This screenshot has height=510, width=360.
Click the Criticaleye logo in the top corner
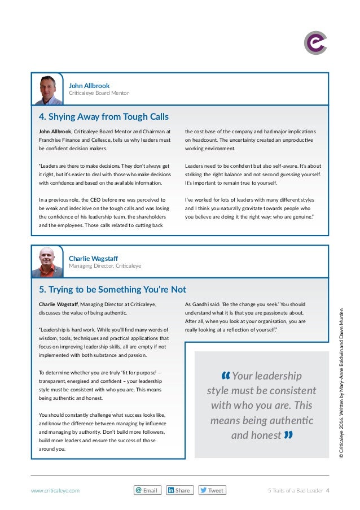[x=316, y=43]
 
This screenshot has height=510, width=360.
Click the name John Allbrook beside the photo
[x=89, y=86]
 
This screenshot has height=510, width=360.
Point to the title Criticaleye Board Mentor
[x=99, y=93]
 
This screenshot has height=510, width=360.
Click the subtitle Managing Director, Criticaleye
[x=105, y=265]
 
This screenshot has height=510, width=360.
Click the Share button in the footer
[x=179, y=490]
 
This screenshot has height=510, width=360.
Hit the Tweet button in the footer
[x=212, y=490]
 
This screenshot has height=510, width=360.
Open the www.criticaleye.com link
[x=55, y=491]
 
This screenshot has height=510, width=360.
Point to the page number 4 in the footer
[x=328, y=491]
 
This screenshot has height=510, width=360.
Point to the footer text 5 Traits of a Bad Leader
[x=295, y=491]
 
